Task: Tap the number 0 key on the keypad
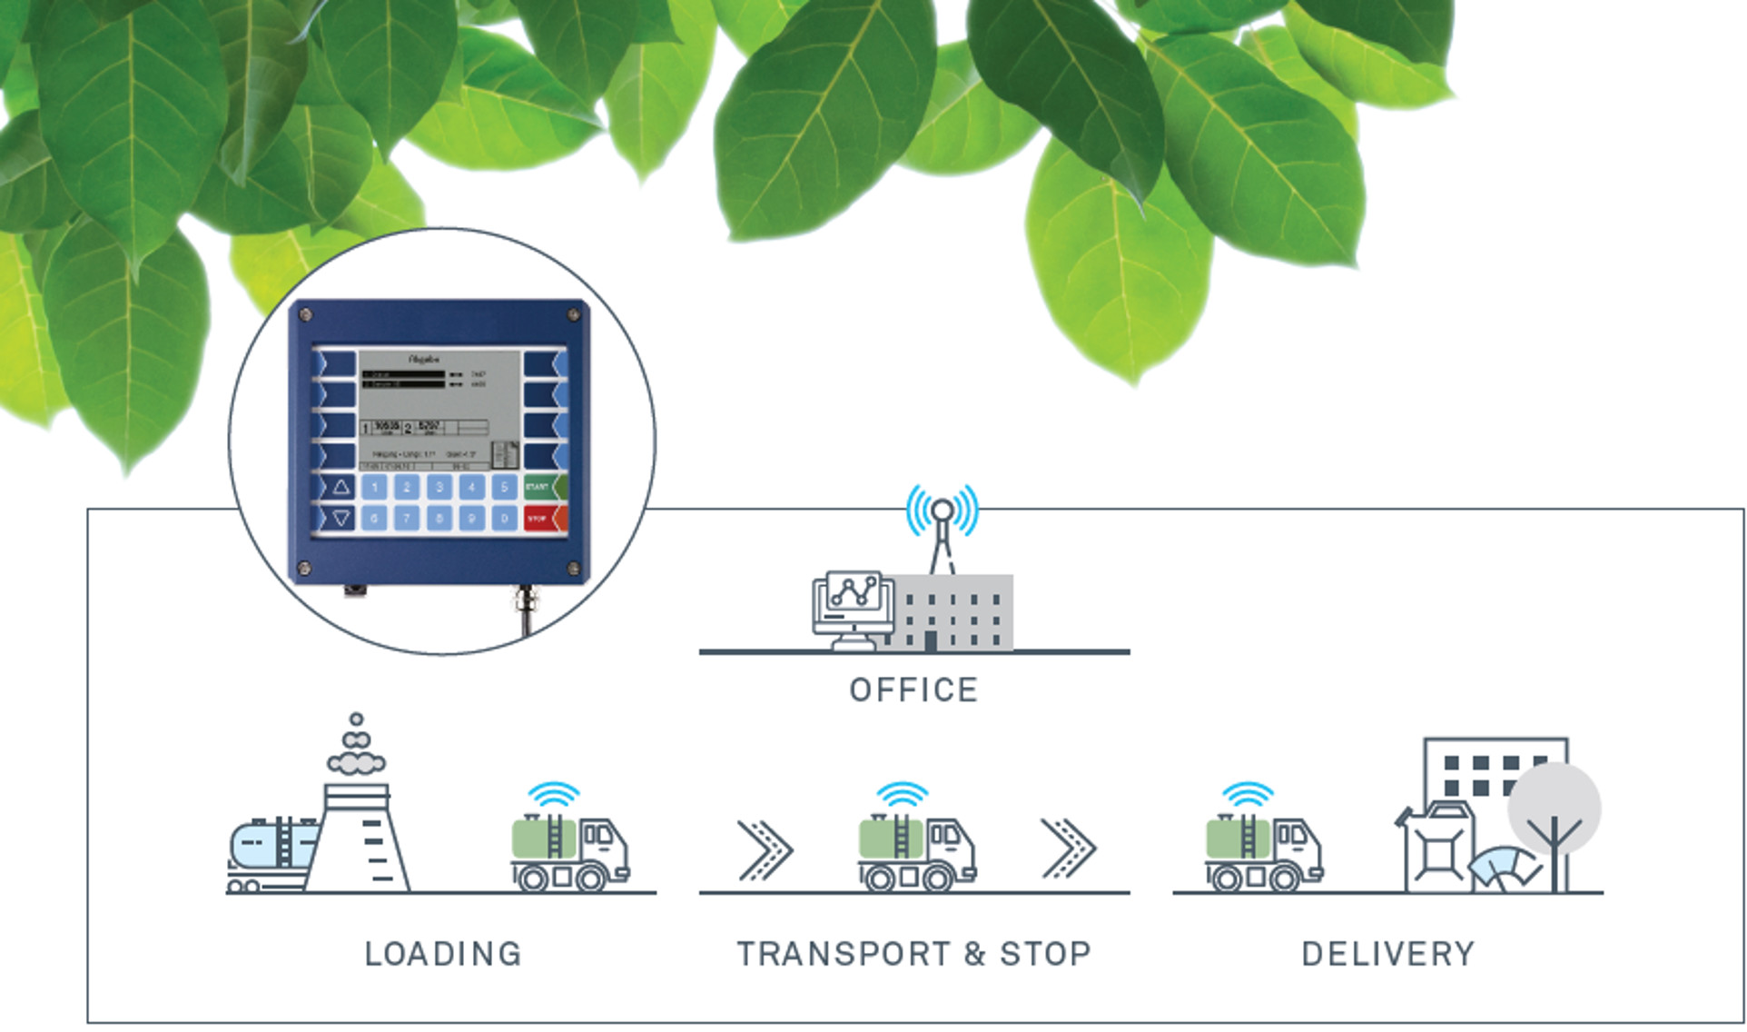(x=504, y=519)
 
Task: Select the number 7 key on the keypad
(x=407, y=519)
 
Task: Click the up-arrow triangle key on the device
(x=341, y=487)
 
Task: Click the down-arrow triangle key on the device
(x=341, y=519)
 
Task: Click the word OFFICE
(x=913, y=690)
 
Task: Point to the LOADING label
(x=443, y=954)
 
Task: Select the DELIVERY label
(x=1388, y=954)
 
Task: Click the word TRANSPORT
(x=843, y=954)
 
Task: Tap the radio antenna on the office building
(x=943, y=527)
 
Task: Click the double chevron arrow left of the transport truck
(x=765, y=850)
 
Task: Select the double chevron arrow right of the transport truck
(x=1068, y=848)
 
